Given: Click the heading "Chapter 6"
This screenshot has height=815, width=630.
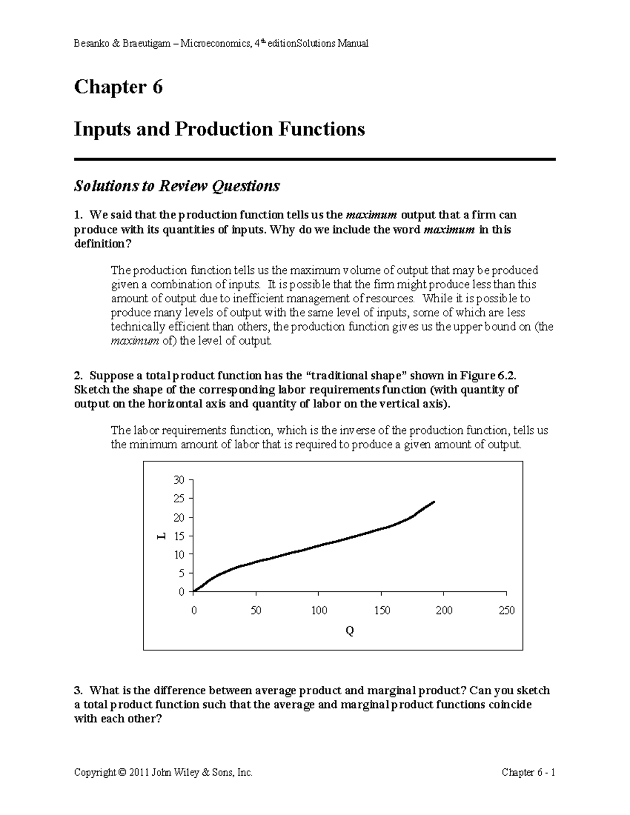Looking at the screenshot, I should pyautogui.click(x=118, y=87).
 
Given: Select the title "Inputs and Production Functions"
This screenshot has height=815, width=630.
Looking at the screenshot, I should pyautogui.click(x=219, y=129).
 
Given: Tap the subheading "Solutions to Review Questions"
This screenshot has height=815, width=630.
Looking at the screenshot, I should pyautogui.click(x=177, y=186).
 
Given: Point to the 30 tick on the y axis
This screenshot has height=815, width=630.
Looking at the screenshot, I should pyautogui.click(x=179, y=480).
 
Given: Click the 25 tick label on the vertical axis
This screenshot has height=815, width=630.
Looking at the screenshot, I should pyautogui.click(x=179, y=499).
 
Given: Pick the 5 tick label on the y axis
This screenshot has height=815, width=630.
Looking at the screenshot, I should pyautogui.click(x=182, y=573).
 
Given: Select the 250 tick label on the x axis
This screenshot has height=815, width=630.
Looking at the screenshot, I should pyautogui.click(x=506, y=610).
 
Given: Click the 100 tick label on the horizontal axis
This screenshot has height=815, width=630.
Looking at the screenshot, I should pyautogui.click(x=319, y=610).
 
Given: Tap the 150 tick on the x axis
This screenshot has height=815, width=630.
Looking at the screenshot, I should pyautogui.click(x=382, y=610).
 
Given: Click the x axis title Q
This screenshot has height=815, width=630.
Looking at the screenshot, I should pyautogui.click(x=350, y=631).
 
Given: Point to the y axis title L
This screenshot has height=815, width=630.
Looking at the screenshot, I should pyautogui.click(x=161, y=536).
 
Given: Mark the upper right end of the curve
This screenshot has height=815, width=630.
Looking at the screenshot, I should pyautogui.click(x=434, y=502).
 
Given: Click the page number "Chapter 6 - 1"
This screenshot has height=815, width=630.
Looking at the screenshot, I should pyautogui.click(x=528, y=773).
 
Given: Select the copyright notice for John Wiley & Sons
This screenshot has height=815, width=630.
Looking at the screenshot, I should pyautogui.click(x=163, y=773).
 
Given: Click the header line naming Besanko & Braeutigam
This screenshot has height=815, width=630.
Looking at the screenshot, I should pyautogui.click(x=221, y=44).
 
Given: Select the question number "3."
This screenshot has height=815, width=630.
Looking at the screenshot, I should pyautogui.click(x=79, y=690).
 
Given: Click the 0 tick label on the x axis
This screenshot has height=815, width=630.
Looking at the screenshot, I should pyautogui.click(x=194, y=610).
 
